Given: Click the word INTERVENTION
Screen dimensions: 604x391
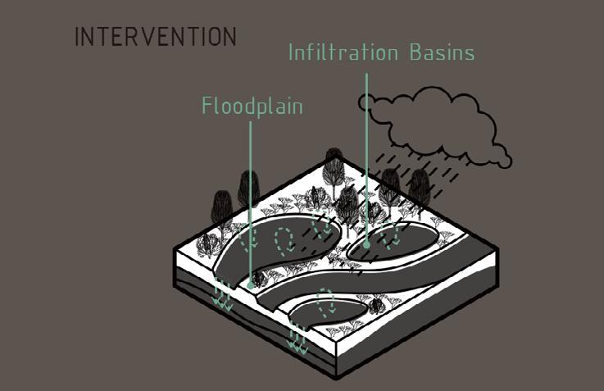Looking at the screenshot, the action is click(x=156, y=38).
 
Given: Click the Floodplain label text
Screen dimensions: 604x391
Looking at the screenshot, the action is click(x=252, y=107).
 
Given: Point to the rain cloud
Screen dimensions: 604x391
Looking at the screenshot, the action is click(x=434, y=123).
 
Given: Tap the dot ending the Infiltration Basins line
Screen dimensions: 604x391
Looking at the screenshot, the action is click(x=366, y=243).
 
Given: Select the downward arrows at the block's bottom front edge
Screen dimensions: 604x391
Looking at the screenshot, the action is click(x=297, y=339).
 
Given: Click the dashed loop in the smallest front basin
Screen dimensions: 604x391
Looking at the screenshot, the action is click(x=326, y=302).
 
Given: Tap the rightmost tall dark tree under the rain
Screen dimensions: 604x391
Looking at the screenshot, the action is click(x=420, y=189).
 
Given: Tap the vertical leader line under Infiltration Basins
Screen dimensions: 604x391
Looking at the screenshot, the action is click(x=366, y=156).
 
